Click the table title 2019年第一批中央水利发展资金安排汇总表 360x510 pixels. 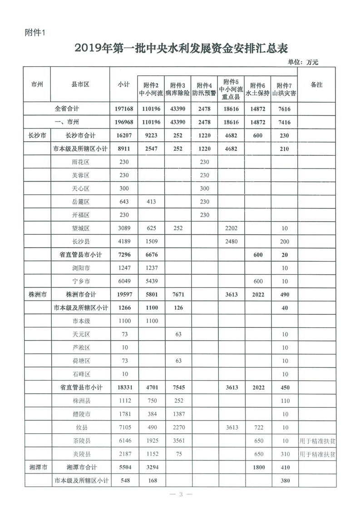click(x=180, y=48)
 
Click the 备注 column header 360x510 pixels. click(x=316, y=85)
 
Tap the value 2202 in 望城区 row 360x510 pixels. click(x=231, y=228)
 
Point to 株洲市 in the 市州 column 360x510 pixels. click(x=37, y=294)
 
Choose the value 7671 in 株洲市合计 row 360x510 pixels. click(x=178, y=294)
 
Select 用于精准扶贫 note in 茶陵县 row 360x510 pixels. click(x=317, y=441)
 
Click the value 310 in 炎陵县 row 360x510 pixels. click(x=284, y=454)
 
